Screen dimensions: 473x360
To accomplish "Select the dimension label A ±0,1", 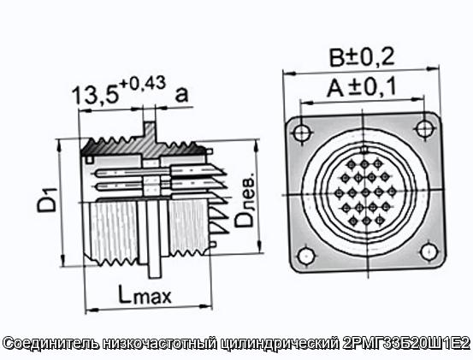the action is point(362,87).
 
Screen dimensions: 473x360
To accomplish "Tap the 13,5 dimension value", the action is point(95,95).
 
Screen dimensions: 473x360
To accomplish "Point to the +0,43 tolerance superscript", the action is point(143,83).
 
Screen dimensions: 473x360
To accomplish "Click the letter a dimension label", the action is point(181,94).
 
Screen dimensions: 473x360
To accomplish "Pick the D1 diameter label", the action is point(47,199).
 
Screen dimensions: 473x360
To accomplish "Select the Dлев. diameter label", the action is point(245,199).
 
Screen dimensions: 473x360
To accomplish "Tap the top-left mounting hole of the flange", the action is point(302,133).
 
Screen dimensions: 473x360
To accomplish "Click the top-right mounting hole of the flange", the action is point(424,128).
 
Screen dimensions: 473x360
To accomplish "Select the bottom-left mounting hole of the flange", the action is point(306,256).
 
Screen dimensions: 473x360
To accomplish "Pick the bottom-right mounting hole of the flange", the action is point(429,252).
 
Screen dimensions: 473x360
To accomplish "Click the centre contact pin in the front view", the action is point(365,192).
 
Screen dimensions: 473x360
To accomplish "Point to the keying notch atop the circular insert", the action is point(364,150).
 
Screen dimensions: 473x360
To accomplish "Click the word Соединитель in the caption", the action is point(52,344).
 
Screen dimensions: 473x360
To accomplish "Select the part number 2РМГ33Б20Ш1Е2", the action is point(406,343).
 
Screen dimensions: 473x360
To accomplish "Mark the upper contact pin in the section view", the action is point(133,173).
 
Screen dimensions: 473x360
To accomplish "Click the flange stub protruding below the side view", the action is point(155,270).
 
